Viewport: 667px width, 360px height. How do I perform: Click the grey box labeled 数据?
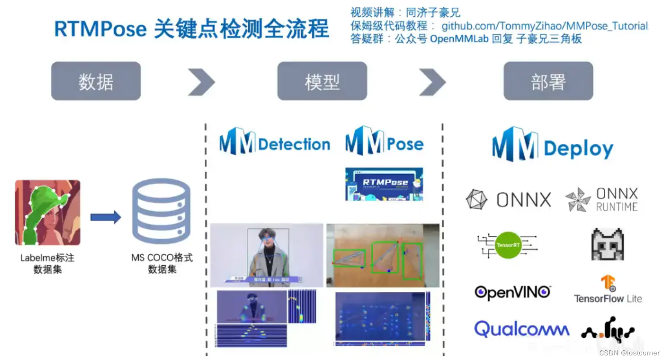point(96,81)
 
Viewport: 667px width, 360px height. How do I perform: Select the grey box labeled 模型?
point(322,81)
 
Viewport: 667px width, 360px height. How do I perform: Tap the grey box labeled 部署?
point(548,81)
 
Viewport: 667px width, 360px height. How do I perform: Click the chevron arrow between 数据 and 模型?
point(201,82)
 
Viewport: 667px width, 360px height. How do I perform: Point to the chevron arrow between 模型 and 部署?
point(432,82)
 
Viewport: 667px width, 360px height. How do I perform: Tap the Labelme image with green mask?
point(47,212)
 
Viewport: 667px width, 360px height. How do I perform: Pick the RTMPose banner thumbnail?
point(384,184)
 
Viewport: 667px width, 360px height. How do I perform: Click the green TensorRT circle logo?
point(508,245)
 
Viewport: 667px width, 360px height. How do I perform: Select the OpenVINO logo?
point(513,292)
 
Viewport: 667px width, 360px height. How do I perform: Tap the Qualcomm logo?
point(521,329)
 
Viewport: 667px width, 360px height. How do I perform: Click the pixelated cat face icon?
point(607,244)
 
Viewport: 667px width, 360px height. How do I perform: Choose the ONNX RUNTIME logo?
point(602,200)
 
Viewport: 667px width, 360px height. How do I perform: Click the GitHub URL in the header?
point(544,26)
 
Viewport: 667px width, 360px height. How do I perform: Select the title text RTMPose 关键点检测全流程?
point(192,29)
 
